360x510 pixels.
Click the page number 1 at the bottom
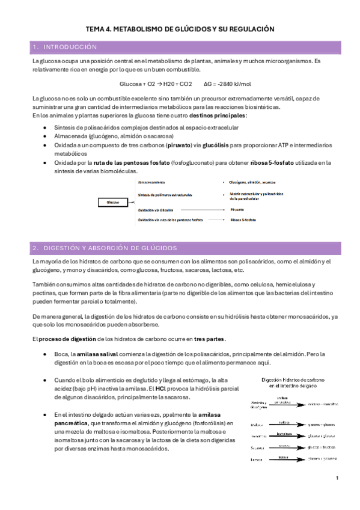point(337,479)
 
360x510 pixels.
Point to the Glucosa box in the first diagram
point(113,202)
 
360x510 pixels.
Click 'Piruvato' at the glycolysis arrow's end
point(237,210)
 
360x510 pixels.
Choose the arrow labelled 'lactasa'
point(280,459)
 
